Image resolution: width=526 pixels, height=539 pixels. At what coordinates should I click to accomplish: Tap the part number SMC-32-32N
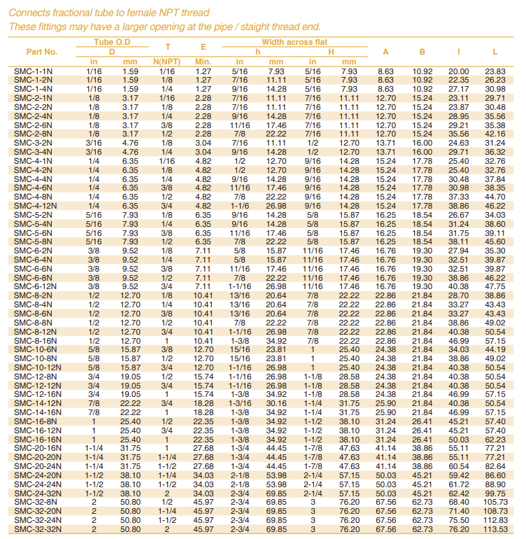coord(36,530)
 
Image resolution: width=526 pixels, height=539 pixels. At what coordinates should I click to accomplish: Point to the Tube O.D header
coord(112,43)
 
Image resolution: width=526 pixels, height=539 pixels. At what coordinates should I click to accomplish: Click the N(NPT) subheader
coord(166,62)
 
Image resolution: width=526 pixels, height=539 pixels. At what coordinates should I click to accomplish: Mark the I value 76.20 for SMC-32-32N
coord(458,530)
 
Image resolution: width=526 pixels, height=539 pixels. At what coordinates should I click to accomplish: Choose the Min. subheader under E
coord(203,62)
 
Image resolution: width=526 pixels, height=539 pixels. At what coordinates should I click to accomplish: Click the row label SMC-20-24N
coord(36,466)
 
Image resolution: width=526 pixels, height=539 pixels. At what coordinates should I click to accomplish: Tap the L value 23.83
coord(495,72)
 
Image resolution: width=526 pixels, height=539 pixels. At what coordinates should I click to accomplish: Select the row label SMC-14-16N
coord(36,413)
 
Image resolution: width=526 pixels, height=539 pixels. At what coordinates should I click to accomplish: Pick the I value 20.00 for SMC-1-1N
coord(458,72)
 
